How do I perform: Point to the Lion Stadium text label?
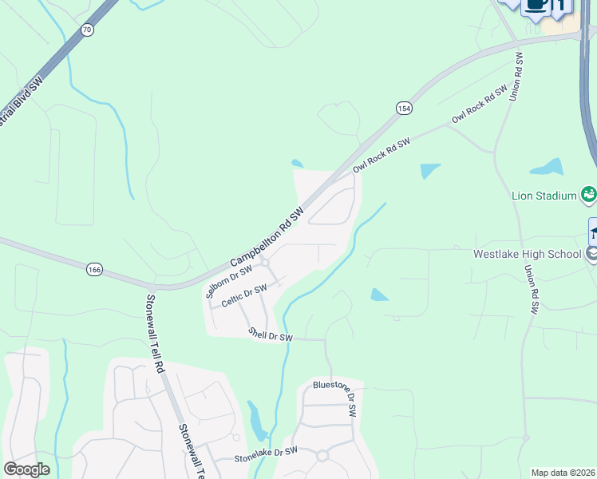tap(545, 196)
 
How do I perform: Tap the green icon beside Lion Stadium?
tap(589, 193)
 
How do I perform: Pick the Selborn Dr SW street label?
tap(223, 282)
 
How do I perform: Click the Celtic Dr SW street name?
tap(243, 296)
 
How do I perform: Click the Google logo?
tap(26, 469)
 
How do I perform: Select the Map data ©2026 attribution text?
tap(563, 473)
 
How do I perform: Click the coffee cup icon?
tap(536, 5)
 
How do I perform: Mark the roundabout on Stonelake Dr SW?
tap(322, 456)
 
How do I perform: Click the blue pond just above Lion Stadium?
tap(547, 167)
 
